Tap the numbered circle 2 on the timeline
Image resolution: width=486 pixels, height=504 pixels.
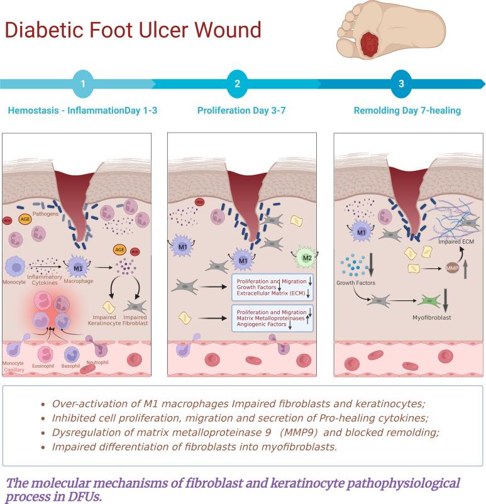[237, 84]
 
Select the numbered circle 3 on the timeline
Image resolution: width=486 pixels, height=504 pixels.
[401, 84]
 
